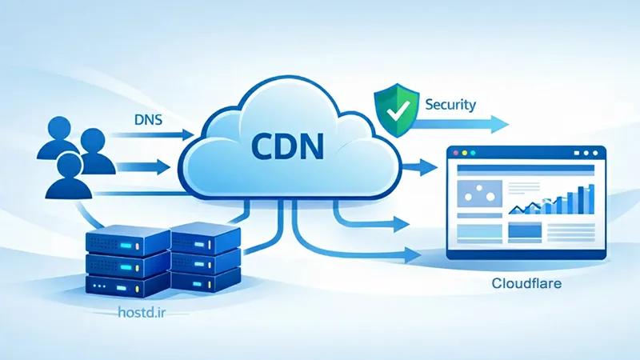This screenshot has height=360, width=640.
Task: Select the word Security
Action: (451, 104)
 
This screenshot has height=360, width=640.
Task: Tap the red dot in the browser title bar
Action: (454, 152)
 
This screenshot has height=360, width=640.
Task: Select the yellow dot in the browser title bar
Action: (464, 152)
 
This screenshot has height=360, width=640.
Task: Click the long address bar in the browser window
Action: (524, 169)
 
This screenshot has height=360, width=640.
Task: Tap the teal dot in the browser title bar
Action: (474, 152)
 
